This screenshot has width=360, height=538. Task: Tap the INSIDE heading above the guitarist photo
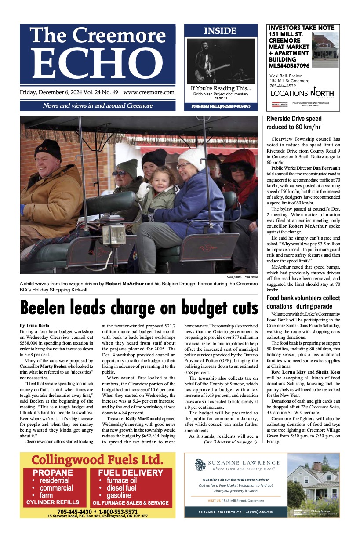tap(220, 31)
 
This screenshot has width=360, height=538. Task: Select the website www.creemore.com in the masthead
tap(149, 92)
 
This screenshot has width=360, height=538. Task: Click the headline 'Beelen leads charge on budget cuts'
tap(139, 307)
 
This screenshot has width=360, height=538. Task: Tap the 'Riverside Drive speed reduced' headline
tap(294, 123)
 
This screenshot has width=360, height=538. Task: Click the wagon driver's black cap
tap(48, 148)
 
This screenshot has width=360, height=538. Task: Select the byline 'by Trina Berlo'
tap(35, 325)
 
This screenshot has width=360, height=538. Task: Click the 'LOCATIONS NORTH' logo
tap(302, 93)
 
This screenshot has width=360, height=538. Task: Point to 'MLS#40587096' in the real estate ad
tap(289, 65)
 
